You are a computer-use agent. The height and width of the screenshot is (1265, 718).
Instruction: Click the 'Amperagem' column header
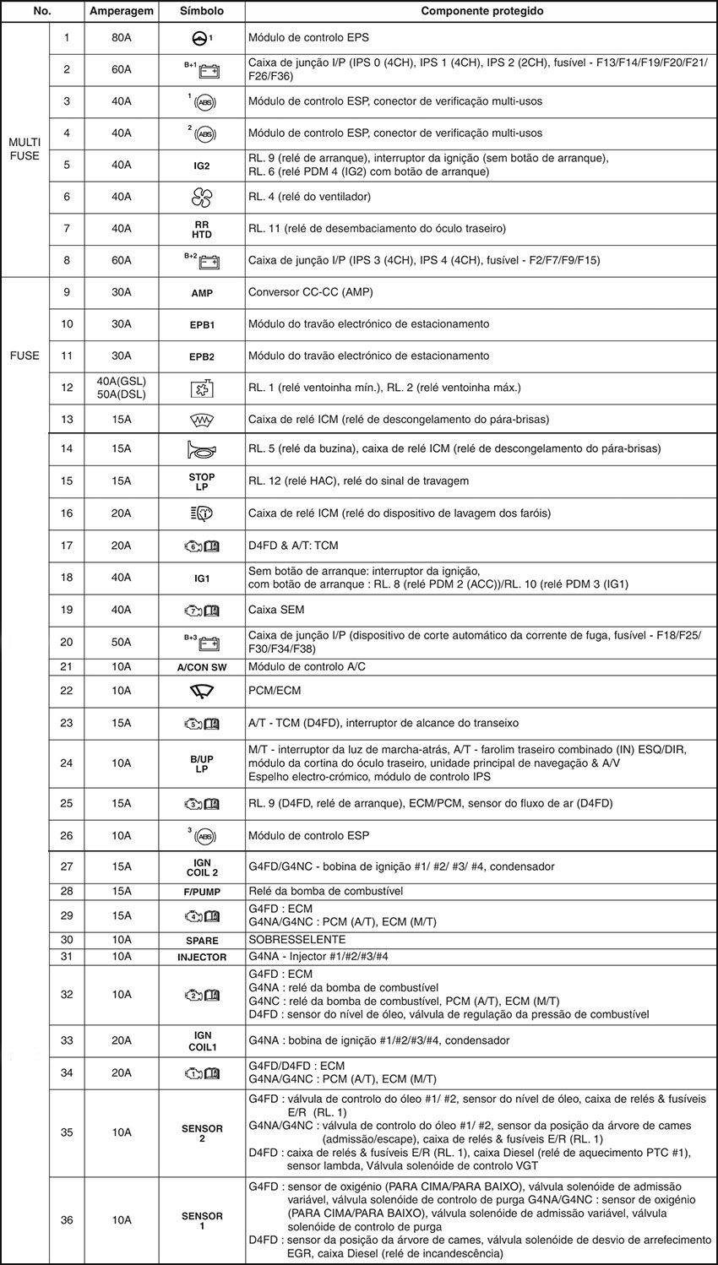pyautogui.click(x=121, y=12)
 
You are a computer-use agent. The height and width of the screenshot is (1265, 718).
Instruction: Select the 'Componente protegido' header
pyautogui.click(x=481, y=12)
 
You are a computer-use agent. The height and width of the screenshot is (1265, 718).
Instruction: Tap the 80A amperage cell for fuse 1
pyautogui.click(x=121, y=38)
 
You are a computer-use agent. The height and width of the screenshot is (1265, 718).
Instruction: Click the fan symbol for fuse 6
pyautogui.click(x=202, y=197)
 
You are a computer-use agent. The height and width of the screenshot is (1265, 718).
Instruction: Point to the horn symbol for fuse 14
pyautogui.click(x=202, y=449)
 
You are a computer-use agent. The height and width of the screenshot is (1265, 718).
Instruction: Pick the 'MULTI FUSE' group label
pyautogui.click(x=24, y=149)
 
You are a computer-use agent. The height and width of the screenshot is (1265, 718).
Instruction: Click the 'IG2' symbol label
pyautogui.click(x=202, y=166)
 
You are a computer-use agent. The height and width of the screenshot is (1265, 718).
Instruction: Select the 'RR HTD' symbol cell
pyautogui.click(x=202, y=229)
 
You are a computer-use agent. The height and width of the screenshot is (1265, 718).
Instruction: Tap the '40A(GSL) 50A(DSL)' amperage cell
pyautogui.click(x=121, y=388)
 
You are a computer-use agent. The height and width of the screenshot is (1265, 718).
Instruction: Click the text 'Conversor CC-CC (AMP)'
pyautogui.click(x=310, y=292)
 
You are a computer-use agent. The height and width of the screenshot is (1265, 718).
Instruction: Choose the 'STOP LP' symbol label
pyautogui.click(x=202, y=481)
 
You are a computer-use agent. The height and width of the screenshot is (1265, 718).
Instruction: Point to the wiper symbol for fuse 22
pyautogui.click(x=202, y=691)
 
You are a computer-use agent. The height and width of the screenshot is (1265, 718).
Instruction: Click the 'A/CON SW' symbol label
pyautogui.click(x=202, y=667)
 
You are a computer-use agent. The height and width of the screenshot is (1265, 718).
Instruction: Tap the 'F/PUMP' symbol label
pyautogui.click(x=202, y=892)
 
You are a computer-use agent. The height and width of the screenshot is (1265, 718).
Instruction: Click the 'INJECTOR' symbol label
pyautogui.click(x=202, y=957)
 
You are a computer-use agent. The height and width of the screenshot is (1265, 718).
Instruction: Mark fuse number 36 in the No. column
pyautogui.click(x=67, y=1219)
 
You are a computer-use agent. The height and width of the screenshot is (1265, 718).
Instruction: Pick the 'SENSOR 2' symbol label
pyautogui.click(x=202, y=1132)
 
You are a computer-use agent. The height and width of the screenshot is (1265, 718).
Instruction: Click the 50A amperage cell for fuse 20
pyautogui.click(x=121, y=642)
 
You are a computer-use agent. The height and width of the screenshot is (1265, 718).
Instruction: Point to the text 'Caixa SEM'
pyautogui.click(x=276, y=610)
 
